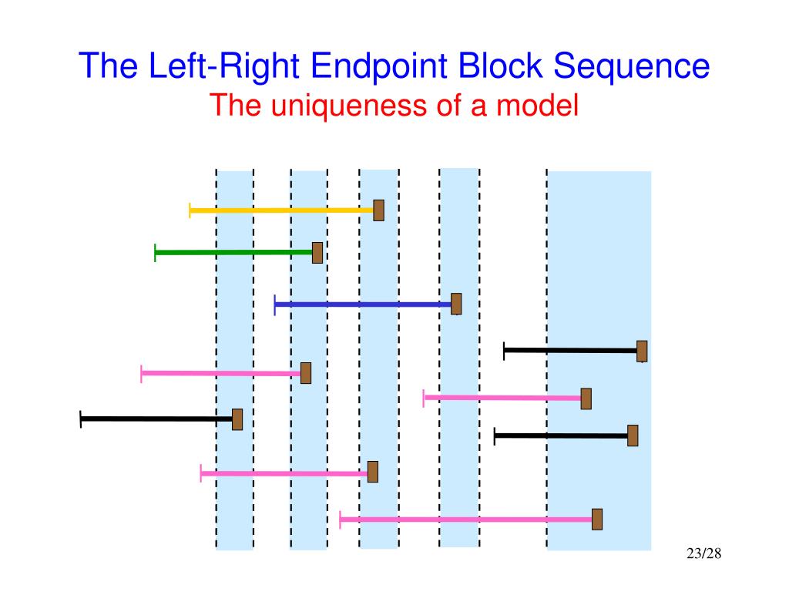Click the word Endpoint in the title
point(379,67)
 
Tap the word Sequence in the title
point(632,66)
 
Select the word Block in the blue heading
point(500,66)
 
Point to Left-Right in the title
point(224,67)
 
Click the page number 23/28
point(703,553)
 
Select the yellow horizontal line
point(281,210)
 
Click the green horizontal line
point(233,252)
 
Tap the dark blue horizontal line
point(363,304)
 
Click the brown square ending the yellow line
point(379,210)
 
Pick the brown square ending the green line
point(317,253)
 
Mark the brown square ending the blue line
point(456,304)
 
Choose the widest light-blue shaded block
point(599,361)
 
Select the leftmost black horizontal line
point(156,419)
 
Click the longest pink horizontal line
point(465,520)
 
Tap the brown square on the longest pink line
point(597,520)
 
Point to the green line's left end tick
point(155,253)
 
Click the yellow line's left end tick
point(190,210)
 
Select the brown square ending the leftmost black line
point(237,419)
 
